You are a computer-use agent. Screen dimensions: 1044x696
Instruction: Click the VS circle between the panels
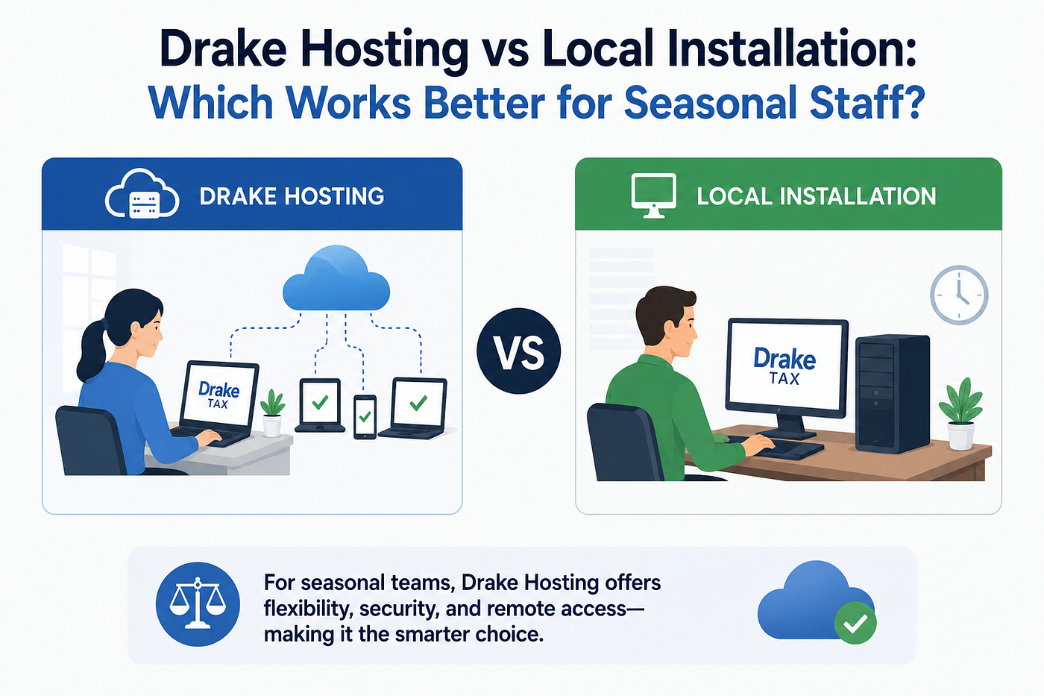519,351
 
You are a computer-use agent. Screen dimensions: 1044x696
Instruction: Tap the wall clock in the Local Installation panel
959,295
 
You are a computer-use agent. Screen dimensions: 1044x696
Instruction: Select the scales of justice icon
198,604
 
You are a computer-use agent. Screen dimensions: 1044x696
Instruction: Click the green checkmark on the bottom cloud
855,624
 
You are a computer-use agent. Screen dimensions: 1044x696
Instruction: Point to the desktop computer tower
892,394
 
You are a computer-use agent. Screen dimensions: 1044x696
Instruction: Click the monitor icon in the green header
653,195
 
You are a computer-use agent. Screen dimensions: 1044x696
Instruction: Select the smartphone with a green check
365,417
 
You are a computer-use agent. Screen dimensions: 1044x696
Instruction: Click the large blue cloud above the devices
336,278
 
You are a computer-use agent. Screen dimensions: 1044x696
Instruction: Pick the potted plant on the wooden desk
961,414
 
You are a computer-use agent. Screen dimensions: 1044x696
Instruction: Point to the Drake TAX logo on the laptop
218,395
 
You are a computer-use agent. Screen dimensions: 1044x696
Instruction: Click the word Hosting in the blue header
334,196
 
